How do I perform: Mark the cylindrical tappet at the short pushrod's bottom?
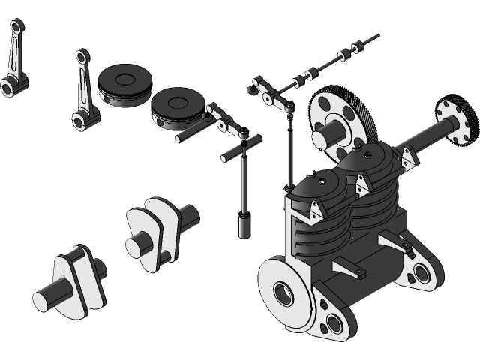coord(244,225)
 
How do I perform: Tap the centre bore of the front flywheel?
coord(284,292)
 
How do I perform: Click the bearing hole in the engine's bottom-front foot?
coord(333,323)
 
